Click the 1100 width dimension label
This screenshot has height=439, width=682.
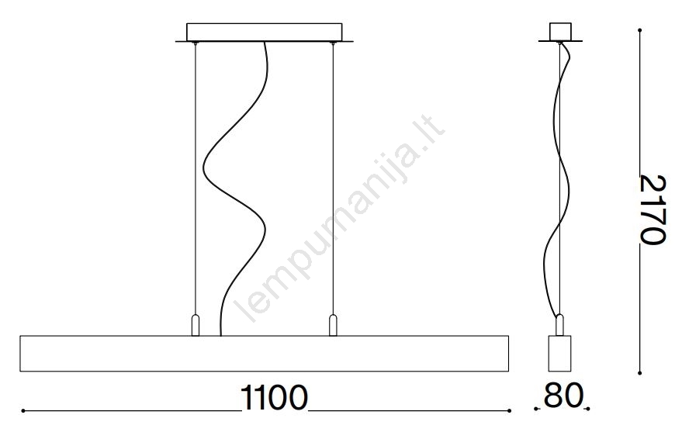click(274, 398)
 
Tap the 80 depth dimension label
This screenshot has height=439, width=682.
click(563, 396)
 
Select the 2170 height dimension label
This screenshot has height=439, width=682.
click(653, 210)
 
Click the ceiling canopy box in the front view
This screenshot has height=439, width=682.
click(265, 32)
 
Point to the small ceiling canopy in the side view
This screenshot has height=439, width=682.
click(560, 32)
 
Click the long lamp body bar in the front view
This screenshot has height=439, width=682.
click(265, 354)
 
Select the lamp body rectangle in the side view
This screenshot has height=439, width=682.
click(559, 354)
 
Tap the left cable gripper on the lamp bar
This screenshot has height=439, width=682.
click(196, 325)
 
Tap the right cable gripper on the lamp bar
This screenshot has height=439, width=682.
click(333, 325)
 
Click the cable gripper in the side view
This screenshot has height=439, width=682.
click(559, 325)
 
